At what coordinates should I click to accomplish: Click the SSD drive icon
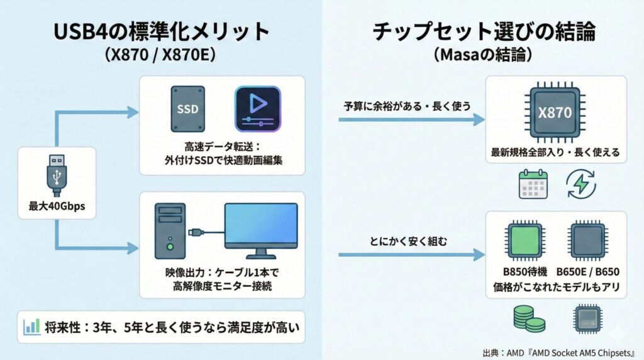pyautogui.click(x=187, y=108)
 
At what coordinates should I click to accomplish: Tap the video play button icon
pyautogui.click(x=257, y=108)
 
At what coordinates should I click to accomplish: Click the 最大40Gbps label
pyautogui.click(x=57, y=206)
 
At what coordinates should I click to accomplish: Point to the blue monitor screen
pyautogui.click(x=261, y=227)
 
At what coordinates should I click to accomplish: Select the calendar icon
pyautogui.click(x=533, y=184)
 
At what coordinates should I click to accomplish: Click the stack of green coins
pyautogui.click(x=526, y=320)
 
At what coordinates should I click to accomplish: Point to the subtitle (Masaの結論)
pyautogui.click(x=483, y=55)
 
